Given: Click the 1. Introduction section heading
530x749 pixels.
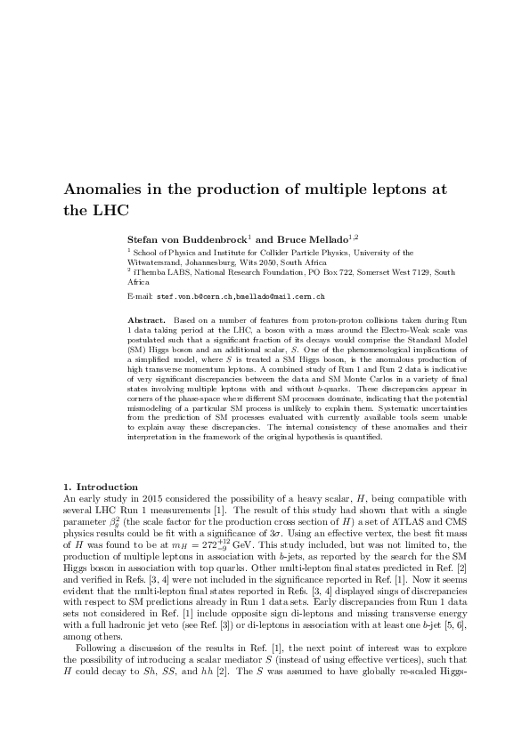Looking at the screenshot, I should click(x=101, y=487).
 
